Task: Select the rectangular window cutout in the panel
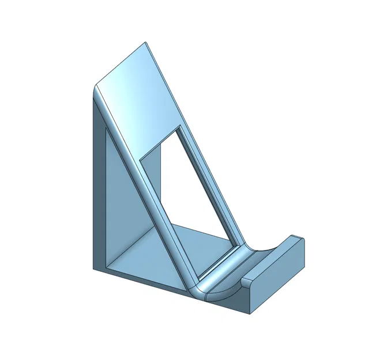pyautogui.click(x=190, y=190)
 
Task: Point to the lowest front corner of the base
pyautogui.click(x=250, y=314)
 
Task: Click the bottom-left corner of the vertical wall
pyautogui.click(x=93, y=268)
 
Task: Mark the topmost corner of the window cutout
pyautogui.click(x=179, y=124)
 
